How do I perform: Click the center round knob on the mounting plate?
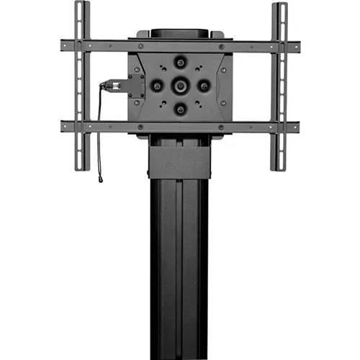click(x=179, y=86)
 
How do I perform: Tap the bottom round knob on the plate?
click(x=179, y=109)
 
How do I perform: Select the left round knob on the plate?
click(x=156, y=86)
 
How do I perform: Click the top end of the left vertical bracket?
click(x=82, y=6)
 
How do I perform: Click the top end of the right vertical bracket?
click(x=278, y=6)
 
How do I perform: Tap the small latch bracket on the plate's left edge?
click(x=135, y=86)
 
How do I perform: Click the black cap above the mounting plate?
click(x=179, y=33)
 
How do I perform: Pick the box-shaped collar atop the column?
click(x=179, y=158)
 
